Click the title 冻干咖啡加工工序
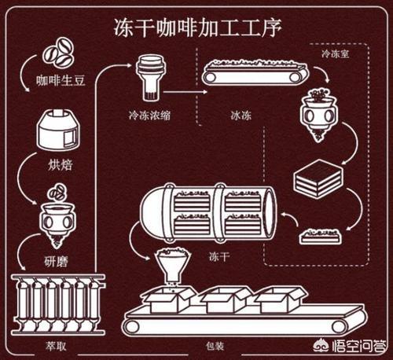coord(198,28)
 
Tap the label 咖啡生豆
coord(61,80)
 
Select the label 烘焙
coord(60,165)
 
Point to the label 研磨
coord(56,261)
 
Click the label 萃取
coord(56,346)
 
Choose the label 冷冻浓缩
coord(149,116)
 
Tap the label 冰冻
coord(241,116)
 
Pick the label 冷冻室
coord(336,54)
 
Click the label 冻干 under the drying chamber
coord(219,256)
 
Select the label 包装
coord(215,346)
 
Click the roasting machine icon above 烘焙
coord(58,130)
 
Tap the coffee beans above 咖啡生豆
coord(58,53)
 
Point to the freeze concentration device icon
coord(150,78)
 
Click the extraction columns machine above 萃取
coord(58,304)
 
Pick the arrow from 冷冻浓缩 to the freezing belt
coord(185,92)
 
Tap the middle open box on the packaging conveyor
coord(226,299)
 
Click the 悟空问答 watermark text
coord(359,346)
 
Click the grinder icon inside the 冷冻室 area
coord(318,116)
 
